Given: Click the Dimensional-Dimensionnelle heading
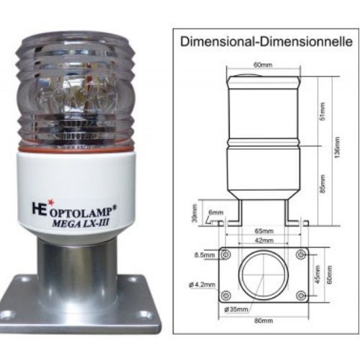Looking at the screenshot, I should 266,42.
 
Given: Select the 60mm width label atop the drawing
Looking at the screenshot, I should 262,64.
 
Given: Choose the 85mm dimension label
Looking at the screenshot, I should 322,189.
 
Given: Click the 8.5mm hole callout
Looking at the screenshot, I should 202,254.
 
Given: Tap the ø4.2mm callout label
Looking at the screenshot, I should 201,284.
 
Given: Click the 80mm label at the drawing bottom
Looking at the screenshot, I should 262,320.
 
